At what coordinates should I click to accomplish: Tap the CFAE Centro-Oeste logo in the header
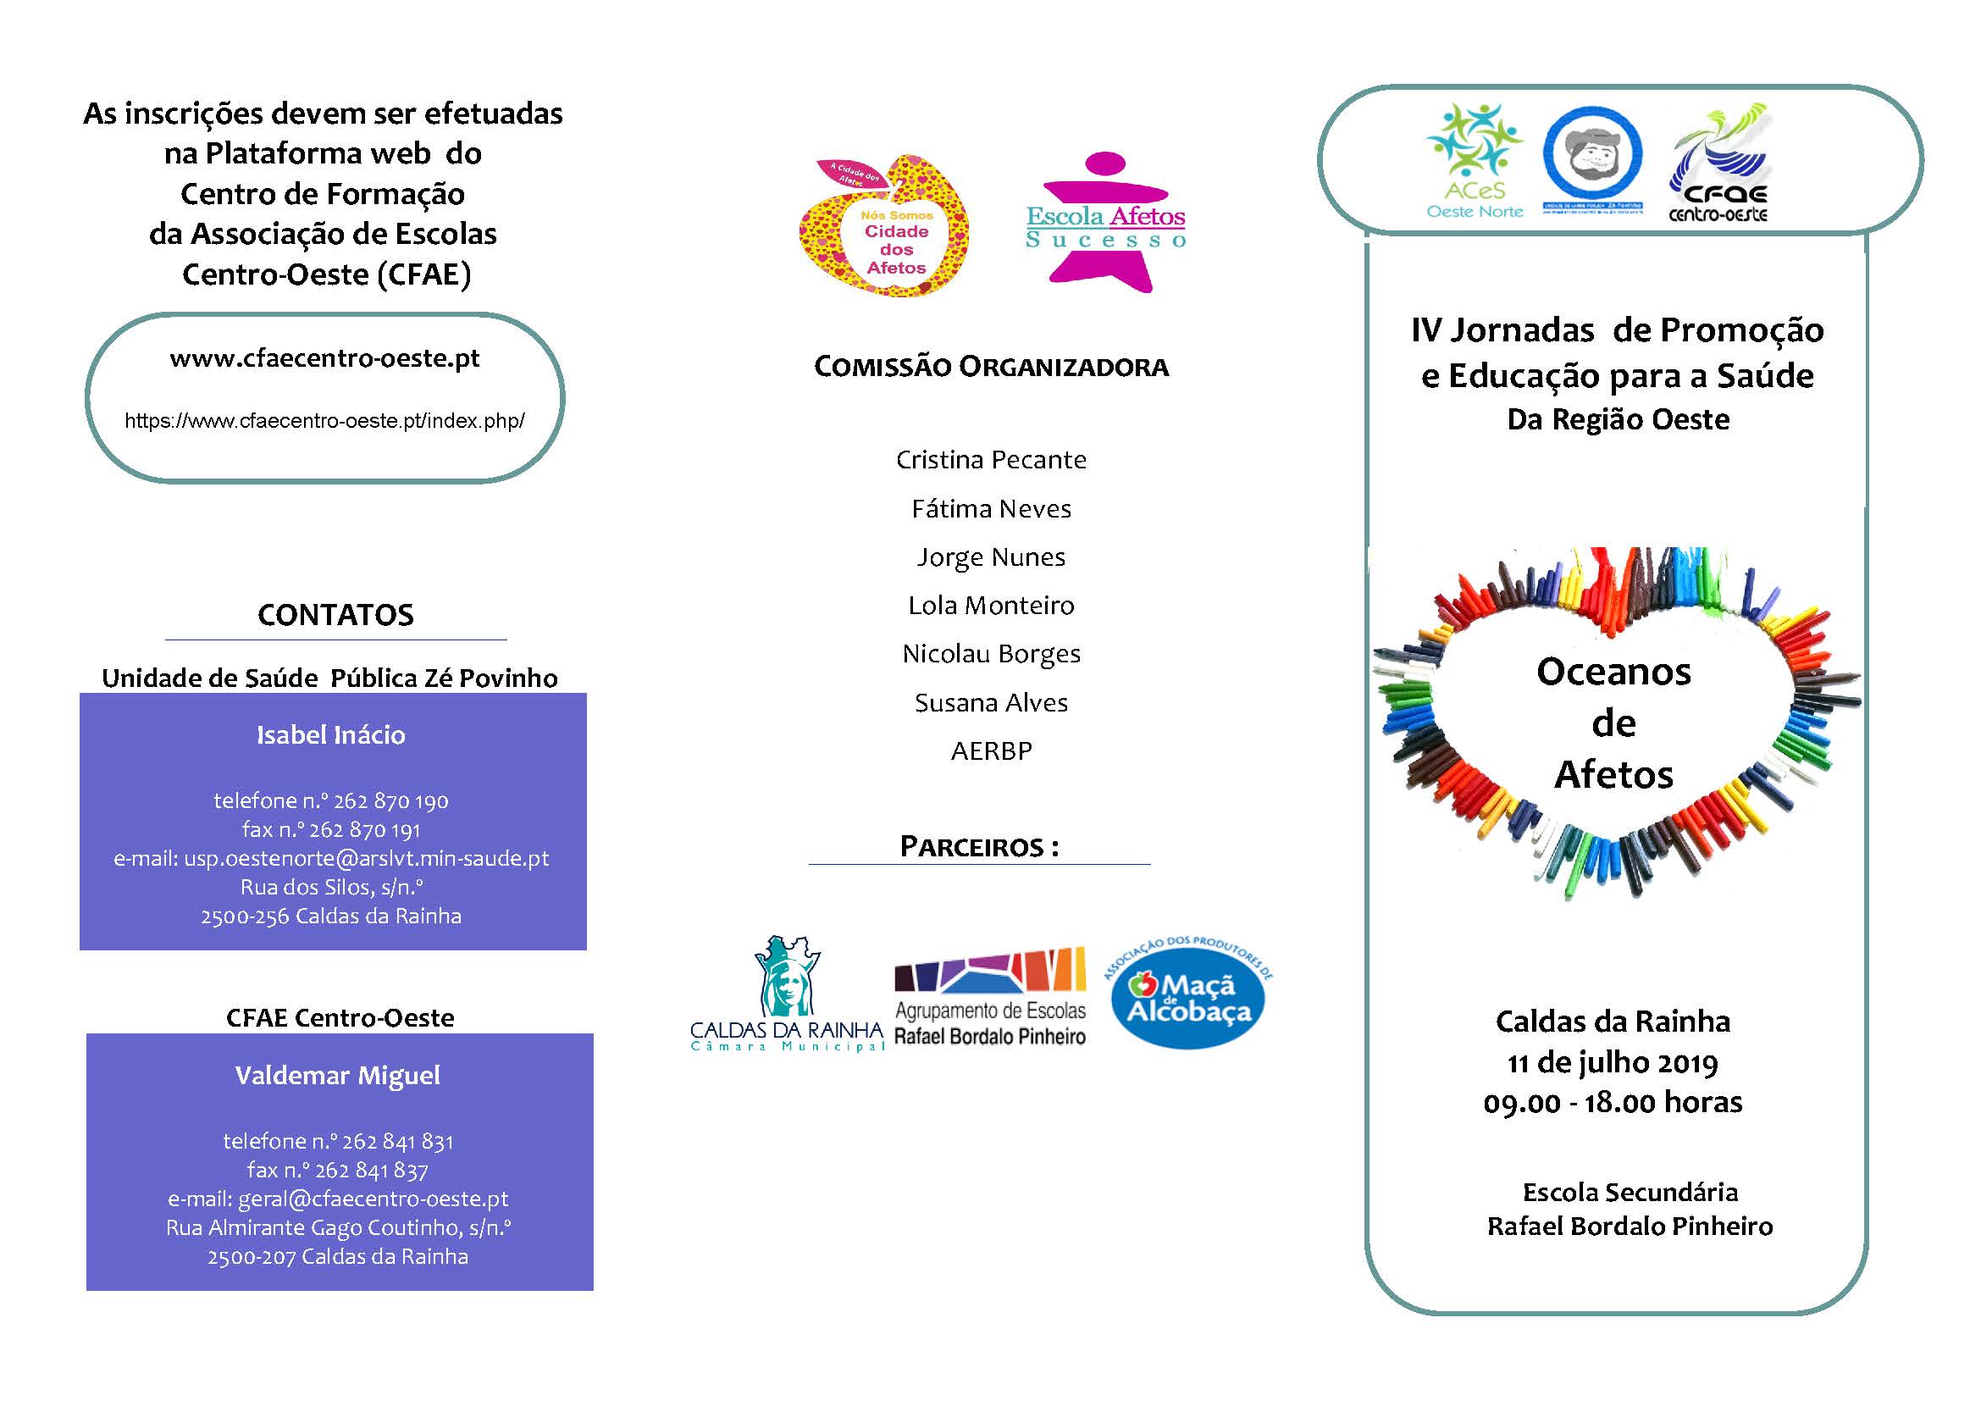click(x=1718, y=164)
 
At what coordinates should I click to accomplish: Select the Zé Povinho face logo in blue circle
click(x=1592, y=159)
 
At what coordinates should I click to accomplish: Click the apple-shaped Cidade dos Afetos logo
click(x=884, y=226)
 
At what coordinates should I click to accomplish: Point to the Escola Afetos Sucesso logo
click(x=1105, y=222)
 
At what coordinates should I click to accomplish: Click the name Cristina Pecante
click(x=991, y=460)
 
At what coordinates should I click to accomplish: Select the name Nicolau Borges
click(x=991, y=654)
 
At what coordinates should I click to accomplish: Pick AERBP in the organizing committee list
click(x=991, y=751)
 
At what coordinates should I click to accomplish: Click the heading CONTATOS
click(x=335, y=615)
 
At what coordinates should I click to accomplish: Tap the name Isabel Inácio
click(x=331, y=735)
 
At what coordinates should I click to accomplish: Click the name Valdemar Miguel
click(x=337, y=1076)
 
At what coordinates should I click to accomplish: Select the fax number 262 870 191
click(x=331, y=830)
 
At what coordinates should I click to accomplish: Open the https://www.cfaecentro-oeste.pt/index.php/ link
click(x=324, y=421)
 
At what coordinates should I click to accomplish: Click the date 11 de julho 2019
click(x=1612, y=1062)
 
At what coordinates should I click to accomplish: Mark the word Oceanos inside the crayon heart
click(x=1613, y=672)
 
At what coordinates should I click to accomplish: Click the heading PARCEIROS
click(x=978, y=846)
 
